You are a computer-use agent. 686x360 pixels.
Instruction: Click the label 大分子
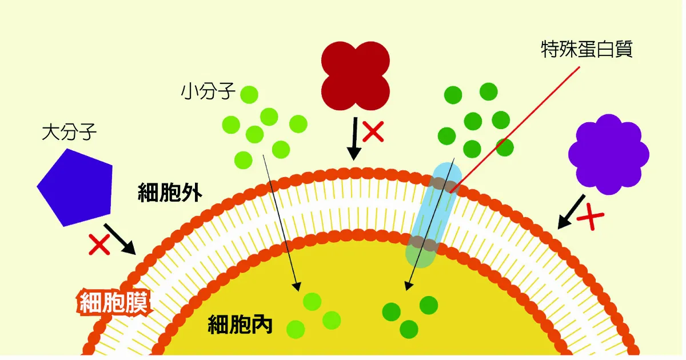(70, 132)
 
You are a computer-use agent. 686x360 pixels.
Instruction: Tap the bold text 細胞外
(170, 193)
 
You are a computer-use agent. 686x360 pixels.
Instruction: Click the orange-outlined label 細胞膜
(114, 303)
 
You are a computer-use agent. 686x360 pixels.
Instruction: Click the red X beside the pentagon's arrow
(99, 245)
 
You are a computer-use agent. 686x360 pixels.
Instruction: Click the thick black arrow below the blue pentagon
(121, 239)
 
